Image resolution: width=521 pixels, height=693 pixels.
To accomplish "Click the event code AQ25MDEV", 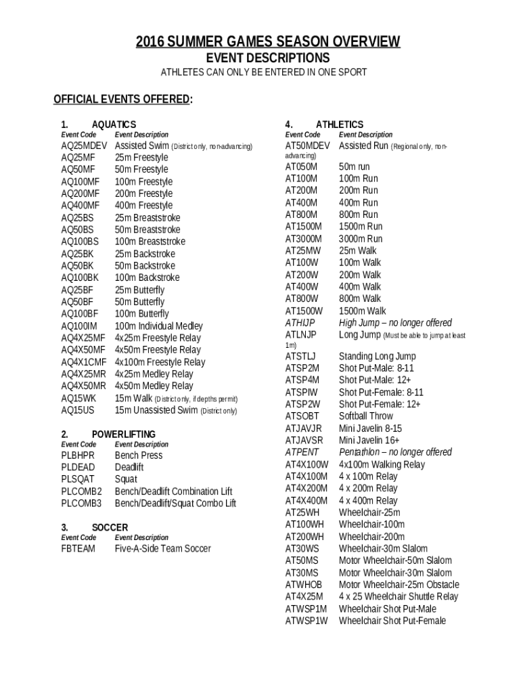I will pos(84,146).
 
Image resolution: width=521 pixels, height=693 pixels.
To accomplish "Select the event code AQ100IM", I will pos(79,326).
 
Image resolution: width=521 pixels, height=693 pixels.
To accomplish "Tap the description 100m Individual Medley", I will pos(158,326).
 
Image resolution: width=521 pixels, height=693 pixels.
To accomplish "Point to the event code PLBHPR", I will pos(78,455).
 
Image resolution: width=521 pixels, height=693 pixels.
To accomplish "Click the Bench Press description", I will pos(139,455).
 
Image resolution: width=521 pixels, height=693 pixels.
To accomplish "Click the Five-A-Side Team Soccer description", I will pos(162,548).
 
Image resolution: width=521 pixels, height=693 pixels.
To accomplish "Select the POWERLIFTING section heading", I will pos(123,434).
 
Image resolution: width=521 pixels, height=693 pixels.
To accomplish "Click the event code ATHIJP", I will pos(300,322).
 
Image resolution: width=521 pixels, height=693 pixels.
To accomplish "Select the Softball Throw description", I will pos(365,416).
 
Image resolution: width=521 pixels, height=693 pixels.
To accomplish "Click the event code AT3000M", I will pos(304,238).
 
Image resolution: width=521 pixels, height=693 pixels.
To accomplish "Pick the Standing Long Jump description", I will pos(377,356).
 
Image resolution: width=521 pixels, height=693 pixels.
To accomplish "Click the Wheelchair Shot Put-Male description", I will pos(387,608).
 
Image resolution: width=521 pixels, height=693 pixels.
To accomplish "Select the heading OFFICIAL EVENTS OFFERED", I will pos(122,100).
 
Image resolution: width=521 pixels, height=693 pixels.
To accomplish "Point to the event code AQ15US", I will pos(78,409).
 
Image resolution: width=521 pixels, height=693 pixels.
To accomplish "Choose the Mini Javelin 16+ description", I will pos(370,440).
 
